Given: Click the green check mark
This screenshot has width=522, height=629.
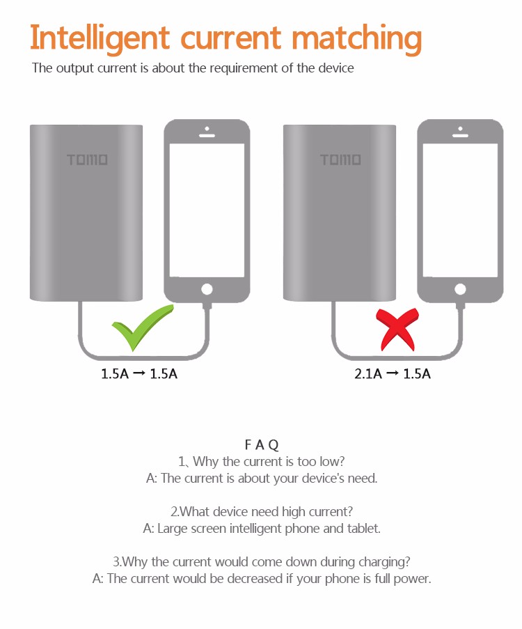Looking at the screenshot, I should (x=141, y=327).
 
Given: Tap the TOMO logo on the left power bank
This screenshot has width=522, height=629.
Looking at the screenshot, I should (x=87, y=160).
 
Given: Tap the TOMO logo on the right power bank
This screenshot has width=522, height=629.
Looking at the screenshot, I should (x=340, y=160).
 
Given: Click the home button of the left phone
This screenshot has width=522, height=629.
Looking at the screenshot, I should (x=206, y=289).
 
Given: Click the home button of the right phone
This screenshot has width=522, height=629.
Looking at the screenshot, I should (x=459, y=289).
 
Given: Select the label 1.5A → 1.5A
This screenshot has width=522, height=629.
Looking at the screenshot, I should (x=139, y=374).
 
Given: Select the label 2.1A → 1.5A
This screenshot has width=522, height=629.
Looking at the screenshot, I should (x=393, y=374).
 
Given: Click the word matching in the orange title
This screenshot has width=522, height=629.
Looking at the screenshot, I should (x=356, y=39).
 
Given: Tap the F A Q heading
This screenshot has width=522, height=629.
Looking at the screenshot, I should (x=262, y=444).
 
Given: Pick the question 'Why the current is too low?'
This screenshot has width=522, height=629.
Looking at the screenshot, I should (x=262, y=461).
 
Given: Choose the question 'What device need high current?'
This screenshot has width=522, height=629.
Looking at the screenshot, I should (x=262, y=511).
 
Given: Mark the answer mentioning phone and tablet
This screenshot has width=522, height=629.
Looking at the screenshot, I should (x=262, y=528).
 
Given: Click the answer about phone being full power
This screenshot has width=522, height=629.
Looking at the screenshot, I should (x=262, y=579).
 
